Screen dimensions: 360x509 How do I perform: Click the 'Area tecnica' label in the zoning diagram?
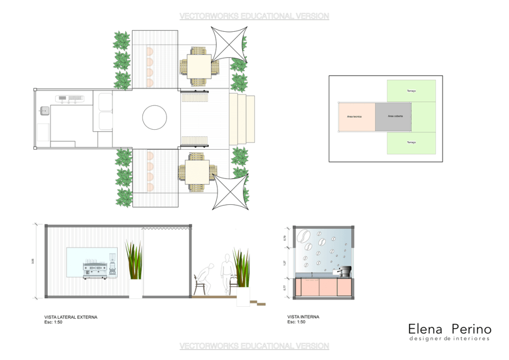(354, 116)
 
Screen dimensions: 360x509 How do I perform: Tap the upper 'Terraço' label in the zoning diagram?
(411, 91)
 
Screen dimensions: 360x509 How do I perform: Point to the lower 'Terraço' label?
(411, 142)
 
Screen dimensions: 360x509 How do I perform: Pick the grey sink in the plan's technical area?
(44, 111)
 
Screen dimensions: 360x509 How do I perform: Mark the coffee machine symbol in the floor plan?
(70, 98)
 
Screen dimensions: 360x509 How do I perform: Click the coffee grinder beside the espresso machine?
(112, 265)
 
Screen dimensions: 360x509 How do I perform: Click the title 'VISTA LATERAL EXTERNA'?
(71, 317)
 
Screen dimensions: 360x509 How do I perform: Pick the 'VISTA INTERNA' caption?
(303, 317)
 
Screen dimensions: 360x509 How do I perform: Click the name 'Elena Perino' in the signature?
(449, 329)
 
